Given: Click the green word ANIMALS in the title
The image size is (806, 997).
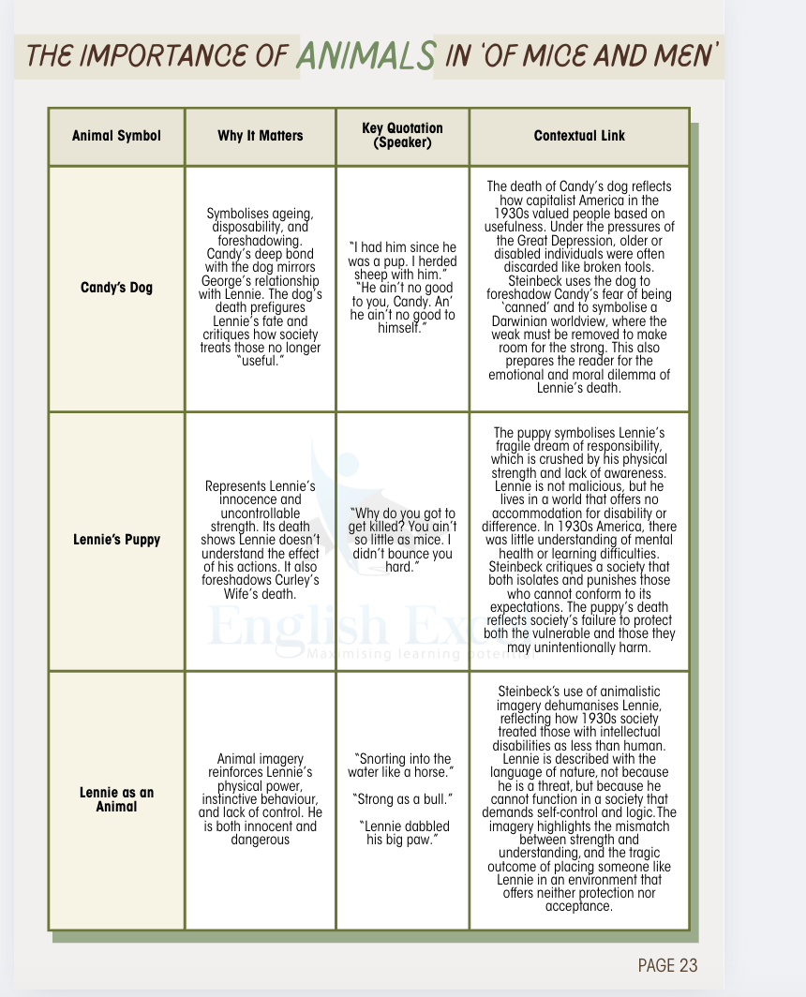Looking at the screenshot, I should tap(366, 55).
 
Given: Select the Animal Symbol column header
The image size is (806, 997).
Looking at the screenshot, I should tap(116, 136).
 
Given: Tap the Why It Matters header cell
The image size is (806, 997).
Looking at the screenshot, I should tap(261, 136).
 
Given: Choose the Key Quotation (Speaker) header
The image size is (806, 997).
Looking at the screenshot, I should tap(402, 135).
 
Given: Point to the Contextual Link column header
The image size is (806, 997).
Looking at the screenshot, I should tap(579, 136).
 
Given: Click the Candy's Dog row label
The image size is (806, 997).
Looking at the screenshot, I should tap(116, 288).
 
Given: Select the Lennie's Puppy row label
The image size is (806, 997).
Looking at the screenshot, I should tap(116, 540).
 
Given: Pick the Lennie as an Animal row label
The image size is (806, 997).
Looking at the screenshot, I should tap(116, 799).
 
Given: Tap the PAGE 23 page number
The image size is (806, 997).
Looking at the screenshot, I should tap(667, 966).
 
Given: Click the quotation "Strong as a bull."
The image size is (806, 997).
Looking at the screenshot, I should tap(403, 798).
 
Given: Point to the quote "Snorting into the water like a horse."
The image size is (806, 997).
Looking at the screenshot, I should tap(403, 765).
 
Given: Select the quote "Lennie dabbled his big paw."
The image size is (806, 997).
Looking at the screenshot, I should tap(403, 832).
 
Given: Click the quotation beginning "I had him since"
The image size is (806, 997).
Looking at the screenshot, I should tap(403, 260).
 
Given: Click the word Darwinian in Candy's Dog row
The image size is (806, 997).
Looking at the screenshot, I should tap(526, 320).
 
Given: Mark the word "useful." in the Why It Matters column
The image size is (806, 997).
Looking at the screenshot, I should tap(261, 361).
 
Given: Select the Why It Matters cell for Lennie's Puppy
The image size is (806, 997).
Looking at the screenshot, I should tap(261, 540).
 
